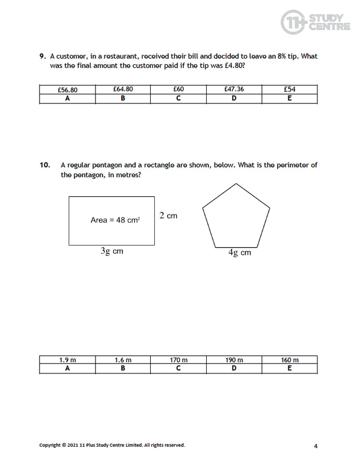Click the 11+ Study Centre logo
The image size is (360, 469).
[x=315, y=22]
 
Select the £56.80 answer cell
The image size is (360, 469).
[x=68, y=89]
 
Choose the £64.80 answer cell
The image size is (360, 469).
[x=123, y=89]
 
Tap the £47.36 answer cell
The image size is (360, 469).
[x=234, y=89]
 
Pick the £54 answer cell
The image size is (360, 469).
[x=289, y=89]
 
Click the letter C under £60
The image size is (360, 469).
[x=178, y=99]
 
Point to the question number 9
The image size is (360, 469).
[x=43, y=56]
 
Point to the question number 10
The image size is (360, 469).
[x=45, y=165]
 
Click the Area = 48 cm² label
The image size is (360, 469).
[x=115, y=220]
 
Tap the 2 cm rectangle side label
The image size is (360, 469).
[x=168, y=216]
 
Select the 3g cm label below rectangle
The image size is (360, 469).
[x=112, y=251]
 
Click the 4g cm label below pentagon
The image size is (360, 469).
[x=239, y=253]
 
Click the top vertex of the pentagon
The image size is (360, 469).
[x=236, y=184]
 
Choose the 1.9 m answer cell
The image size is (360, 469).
[x=68, y=360]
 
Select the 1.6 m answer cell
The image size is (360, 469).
[x=123, y=360]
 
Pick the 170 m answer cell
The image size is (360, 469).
[x=178, y=360]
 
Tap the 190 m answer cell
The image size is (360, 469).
[x=234, y=360]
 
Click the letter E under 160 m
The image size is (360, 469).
[x=289, y=369]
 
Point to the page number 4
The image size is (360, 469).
[x=315, y=446]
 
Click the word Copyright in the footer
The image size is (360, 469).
[x=50, y=445]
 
